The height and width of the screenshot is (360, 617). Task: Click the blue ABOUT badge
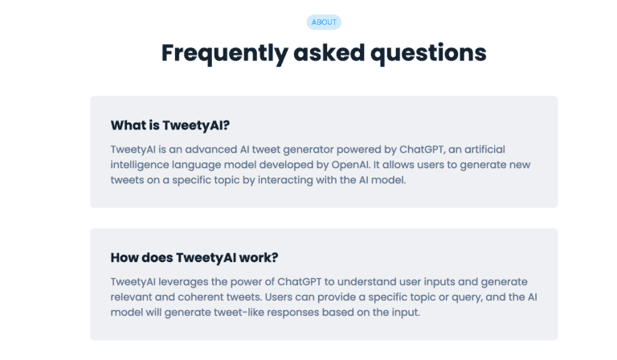click(x=324, y=22)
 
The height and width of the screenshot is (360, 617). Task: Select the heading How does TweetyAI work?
click(x=194, y=258)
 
